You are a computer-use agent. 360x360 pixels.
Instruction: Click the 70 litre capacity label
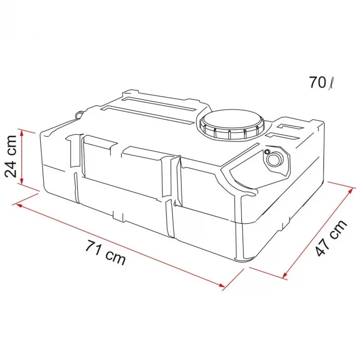[322, 82]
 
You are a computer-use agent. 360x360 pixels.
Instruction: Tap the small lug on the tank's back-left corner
[78, 115]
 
